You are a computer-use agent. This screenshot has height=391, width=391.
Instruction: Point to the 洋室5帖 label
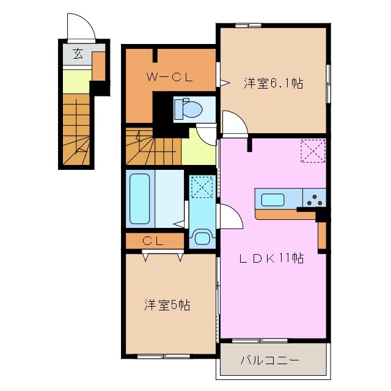click(x=167, y=304)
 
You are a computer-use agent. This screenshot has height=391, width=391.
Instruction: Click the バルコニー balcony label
click(x=269, y=360)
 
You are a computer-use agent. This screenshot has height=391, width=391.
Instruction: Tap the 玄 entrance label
click(x=78, y=54)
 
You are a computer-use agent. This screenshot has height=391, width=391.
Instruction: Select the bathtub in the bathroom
click(x=140, y=199)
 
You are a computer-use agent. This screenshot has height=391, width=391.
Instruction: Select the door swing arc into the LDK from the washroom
click(x=229, y=216)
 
